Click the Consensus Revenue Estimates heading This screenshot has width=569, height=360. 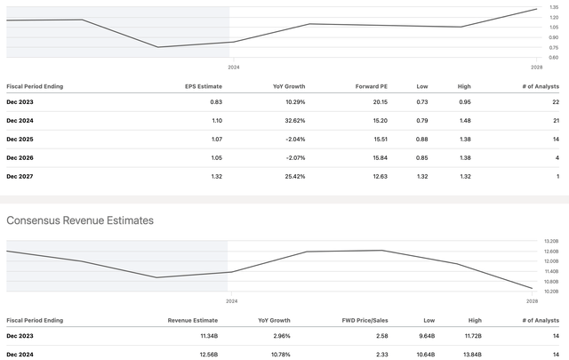click(80, 220)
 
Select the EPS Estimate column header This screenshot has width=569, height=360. click(204, 86)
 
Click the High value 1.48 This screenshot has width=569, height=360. click(463, 121)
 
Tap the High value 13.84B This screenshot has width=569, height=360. click(472, 355)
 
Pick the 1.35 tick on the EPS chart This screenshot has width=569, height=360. click(554, 7)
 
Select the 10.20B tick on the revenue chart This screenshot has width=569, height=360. click(551, 292)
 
